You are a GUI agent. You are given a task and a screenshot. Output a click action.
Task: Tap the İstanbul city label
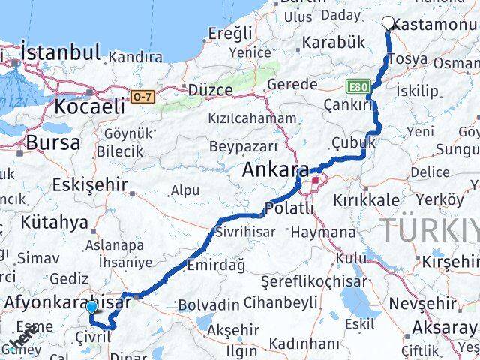point(60,52)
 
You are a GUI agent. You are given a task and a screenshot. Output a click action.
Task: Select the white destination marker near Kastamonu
point(389,23)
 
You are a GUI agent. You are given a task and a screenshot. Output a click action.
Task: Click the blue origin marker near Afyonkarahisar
point(91,307)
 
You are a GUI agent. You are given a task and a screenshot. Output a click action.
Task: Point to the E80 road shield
point(359,87)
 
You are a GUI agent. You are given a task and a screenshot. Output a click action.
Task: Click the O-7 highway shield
point(142,96)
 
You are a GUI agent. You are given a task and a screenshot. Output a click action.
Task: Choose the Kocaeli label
point(88,106)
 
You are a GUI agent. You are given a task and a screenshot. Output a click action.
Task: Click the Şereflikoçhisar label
point(310,283)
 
